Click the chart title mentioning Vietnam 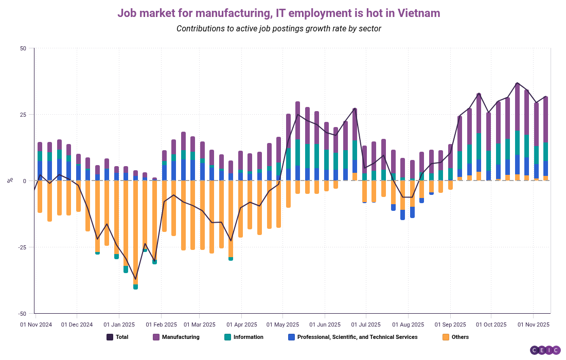click(278, 13)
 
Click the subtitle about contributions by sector click(278, 29)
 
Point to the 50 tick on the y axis click(23, 48)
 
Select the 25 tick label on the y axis click(23, 115)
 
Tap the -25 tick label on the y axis click(22, 247)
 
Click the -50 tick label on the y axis click(22, 314)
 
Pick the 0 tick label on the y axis click(24, 181)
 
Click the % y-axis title click(10, 181)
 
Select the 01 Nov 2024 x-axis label click(36, 325)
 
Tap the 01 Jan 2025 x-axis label click(119, 325)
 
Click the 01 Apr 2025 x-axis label click(241, 325)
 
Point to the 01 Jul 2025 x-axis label click(365, 325)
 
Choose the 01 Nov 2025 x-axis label click(534, 325)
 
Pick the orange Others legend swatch click(446, 337)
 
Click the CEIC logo click(545, 350)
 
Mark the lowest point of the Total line click(135, 279)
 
